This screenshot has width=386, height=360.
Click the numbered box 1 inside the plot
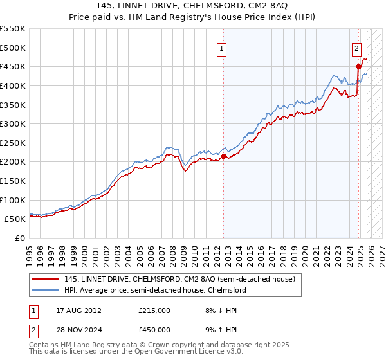pos(222,47)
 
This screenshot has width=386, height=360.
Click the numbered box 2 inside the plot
pos(356,47)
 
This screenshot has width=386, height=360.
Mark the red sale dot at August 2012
pos(223,156)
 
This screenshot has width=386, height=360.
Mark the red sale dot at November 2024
pos(359,66)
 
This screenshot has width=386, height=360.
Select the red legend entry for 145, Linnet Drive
pos(179,279)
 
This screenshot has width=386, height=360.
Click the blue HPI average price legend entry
pos(154,290)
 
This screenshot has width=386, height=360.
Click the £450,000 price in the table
pos(154,330)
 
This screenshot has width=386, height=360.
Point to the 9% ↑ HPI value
pos(219,330)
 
